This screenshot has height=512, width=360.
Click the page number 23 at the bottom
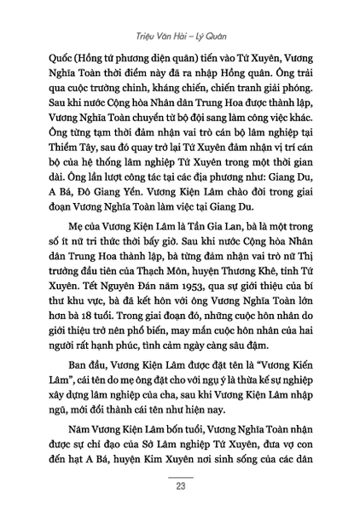(180, 488)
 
